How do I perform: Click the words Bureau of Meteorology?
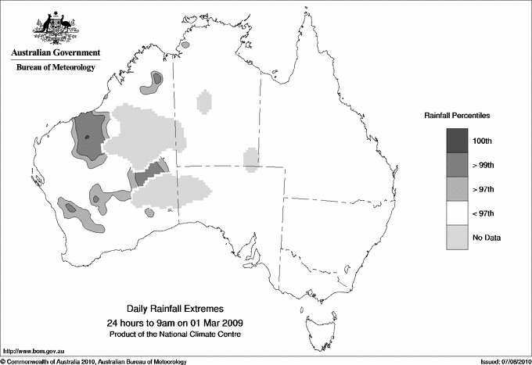[55, 68]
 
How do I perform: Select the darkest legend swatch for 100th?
[458, 141]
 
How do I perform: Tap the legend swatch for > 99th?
[458, 165]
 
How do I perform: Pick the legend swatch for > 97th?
[458, 189]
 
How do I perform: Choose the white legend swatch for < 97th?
[458, 213]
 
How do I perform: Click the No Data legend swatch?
[458, 238]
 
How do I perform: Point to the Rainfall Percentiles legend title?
[457, 115]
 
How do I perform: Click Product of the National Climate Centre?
[174, 335]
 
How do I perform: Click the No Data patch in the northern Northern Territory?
[204, 102]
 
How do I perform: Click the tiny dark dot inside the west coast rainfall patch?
[88, 138]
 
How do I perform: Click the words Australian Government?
[55, 53]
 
